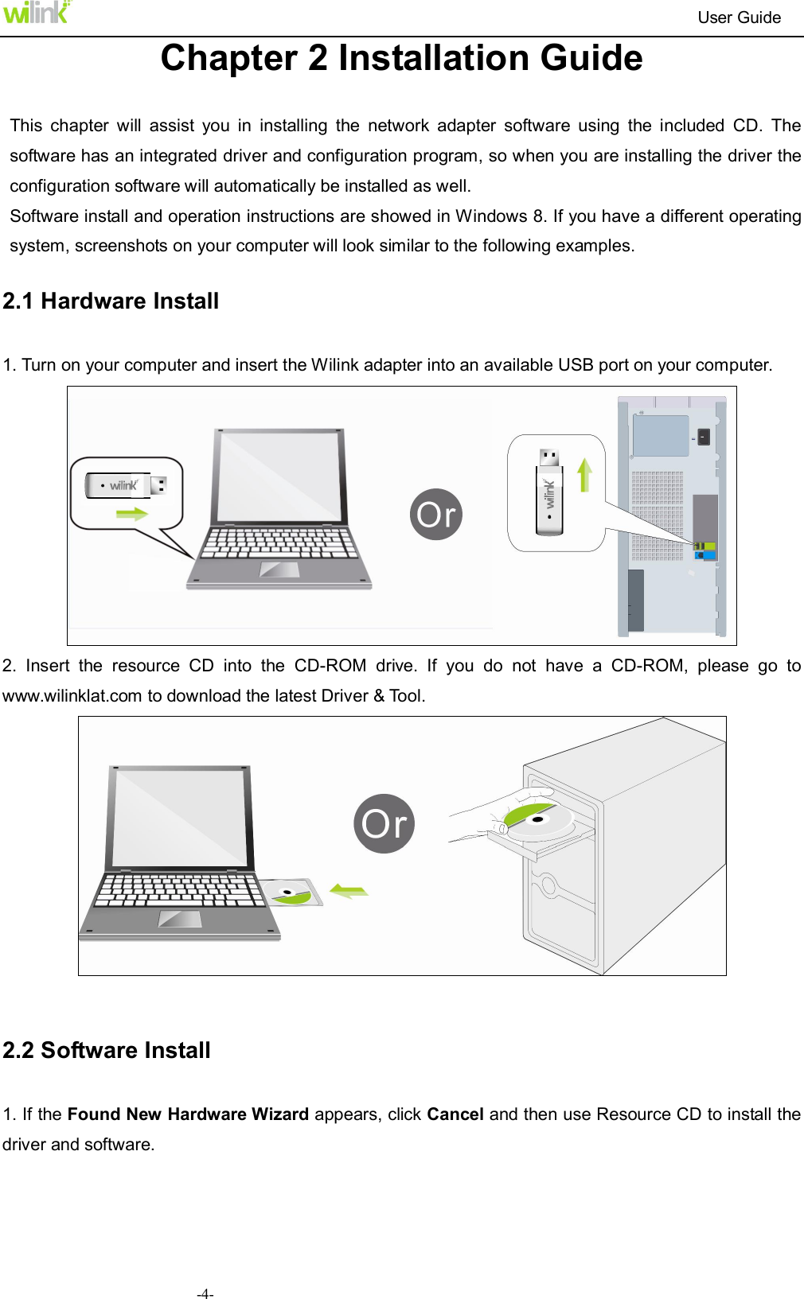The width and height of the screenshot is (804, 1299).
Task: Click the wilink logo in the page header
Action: click(x=36, y=12)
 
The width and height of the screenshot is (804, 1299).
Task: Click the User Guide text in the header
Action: click(x=739, y=18)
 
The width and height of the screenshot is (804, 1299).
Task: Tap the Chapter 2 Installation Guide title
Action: click(x=401, y=58)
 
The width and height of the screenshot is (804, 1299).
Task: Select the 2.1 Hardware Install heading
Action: click(x=111, y=301)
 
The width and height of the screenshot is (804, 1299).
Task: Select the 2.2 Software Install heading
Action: click(x=107, y=1050)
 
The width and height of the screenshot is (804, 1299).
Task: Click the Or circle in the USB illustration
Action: click(x=436, y=515)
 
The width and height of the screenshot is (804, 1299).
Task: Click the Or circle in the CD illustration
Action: click(x=384, y=823)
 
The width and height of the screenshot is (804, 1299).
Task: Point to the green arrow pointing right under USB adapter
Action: click(x=132, y=514)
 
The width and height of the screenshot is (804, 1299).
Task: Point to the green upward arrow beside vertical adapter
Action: click(x=585, y=475)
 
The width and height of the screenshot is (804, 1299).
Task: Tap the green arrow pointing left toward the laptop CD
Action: click(x=349, y=891)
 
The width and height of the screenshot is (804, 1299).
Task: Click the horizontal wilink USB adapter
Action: click(x=126, y=485)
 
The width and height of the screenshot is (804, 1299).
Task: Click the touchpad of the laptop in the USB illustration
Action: click(x=279, y=570)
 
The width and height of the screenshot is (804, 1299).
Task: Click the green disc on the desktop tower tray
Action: click(x=536, y=819)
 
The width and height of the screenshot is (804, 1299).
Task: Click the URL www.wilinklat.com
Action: click(x=72, y=696)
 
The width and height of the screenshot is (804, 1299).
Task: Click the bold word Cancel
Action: click(x=455, y=1114)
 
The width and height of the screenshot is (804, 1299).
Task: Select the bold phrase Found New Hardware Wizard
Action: click(x=188, y=1114)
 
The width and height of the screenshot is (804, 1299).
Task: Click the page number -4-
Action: click(x=205, y=1293)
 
